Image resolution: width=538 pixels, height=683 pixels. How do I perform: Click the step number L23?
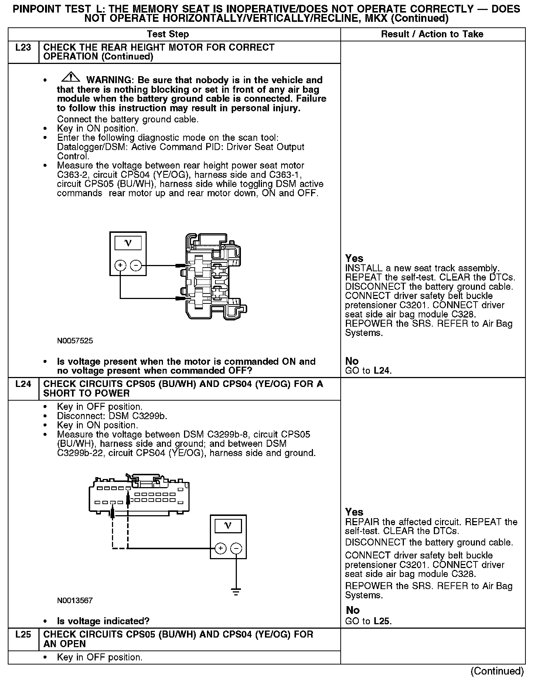[x=23, y=48]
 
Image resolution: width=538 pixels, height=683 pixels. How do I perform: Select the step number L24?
[x=23, y=384]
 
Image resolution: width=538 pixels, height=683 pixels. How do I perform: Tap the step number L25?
[x=23, y=635]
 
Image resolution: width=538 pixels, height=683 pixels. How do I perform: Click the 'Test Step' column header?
[x=168, y=34]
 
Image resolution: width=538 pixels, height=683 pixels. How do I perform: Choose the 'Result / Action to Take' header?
[x=432, y=34]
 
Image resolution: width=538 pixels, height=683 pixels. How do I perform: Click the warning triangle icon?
[x=71, y=78]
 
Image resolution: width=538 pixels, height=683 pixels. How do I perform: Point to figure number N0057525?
[x=75, y=341]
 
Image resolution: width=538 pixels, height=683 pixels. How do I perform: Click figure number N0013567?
[x=75, y=601]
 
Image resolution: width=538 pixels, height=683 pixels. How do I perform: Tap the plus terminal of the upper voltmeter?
[x=120, y=265]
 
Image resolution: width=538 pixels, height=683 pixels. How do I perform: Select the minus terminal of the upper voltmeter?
[x=136, y=265]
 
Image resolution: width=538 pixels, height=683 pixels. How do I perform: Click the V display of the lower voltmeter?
[x=228, y=526]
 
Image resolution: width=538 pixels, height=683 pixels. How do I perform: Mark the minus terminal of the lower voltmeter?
[x=236, y=548]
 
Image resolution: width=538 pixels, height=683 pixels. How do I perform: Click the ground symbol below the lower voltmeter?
[x=236, y=591]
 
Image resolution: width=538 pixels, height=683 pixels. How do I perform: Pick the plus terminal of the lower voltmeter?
[x=221, y=548]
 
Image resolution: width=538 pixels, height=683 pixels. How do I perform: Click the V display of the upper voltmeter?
[x=128, y=243]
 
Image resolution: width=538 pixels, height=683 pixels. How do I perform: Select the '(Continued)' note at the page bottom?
[x=497, y=671]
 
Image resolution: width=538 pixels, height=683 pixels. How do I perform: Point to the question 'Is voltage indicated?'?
[x=103, y=621]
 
